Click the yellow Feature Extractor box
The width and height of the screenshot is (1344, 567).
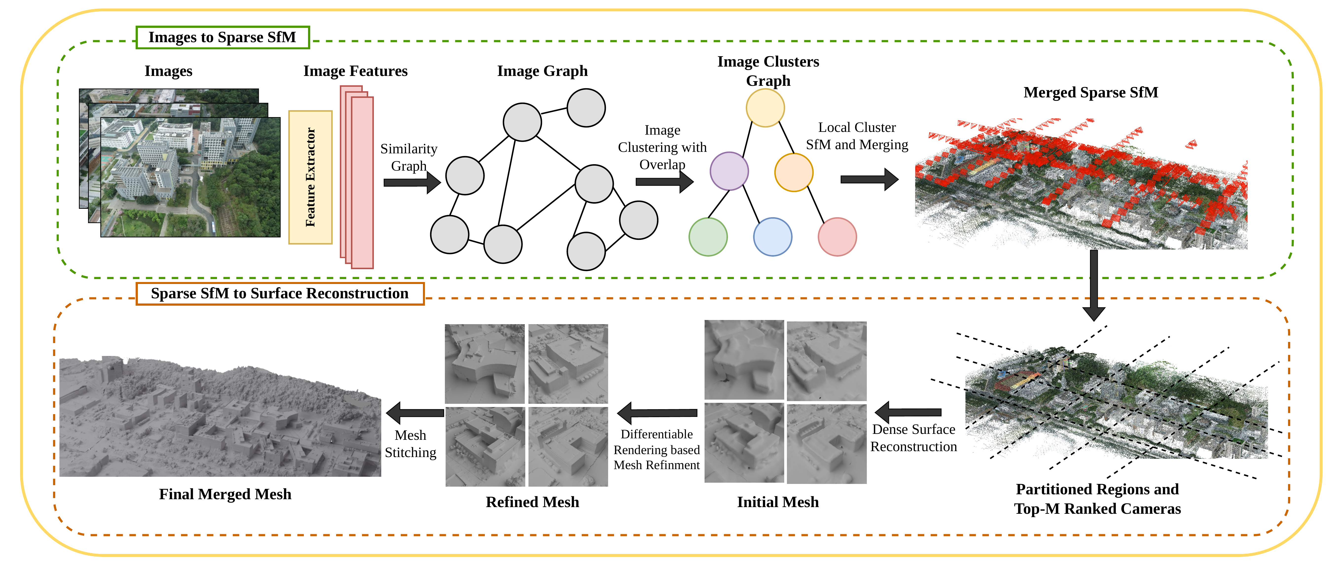tap(310, 177)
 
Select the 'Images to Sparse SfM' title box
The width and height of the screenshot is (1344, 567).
tap(223, 37)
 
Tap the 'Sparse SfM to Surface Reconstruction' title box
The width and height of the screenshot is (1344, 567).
tap(280, 294)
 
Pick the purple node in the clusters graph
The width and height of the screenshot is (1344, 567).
tap(729, 171)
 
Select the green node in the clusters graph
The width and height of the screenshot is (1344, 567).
tap(708, 237)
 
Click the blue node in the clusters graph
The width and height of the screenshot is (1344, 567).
tap(773, 237)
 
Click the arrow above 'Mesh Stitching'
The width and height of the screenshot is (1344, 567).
tap(415, 413)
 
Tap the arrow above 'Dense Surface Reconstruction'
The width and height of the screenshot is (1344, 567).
tap(908, 412)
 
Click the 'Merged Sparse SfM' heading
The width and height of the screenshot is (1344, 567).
tap(1091, 92)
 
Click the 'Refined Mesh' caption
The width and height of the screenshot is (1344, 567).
tap(532, 502)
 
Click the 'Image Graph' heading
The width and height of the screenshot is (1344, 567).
tap(543, 71)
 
